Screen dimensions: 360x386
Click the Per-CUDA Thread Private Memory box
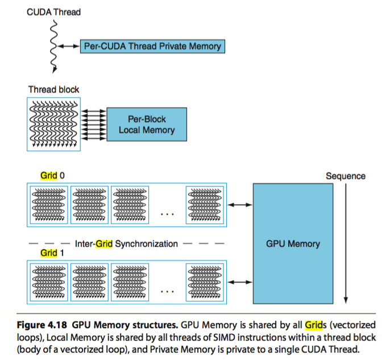coord(152,46)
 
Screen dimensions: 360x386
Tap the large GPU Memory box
coord(293,243)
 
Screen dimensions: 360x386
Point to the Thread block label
coord(54,89)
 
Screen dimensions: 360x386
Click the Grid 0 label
coord(52,176)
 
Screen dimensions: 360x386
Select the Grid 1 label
coord(52,253)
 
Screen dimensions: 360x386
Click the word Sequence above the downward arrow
coord(346,176)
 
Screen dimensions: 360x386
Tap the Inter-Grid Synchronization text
coord(126,243)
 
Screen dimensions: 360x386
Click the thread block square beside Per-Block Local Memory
coord(54,124)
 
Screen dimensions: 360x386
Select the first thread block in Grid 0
coord(49,203)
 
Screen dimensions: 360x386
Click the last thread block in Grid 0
coord(205,203)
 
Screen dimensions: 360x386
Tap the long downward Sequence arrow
coord(346,245)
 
